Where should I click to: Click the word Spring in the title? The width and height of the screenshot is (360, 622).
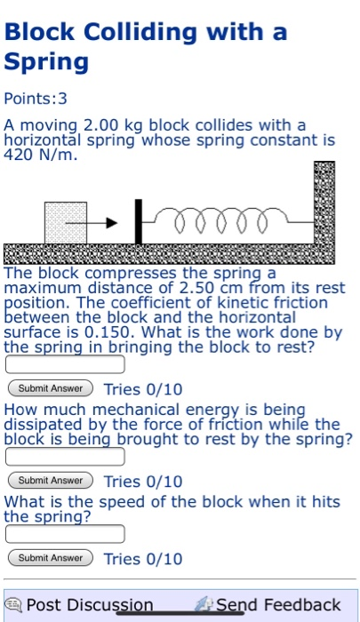tap(47, 62)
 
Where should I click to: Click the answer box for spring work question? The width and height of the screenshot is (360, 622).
tap(65, 364)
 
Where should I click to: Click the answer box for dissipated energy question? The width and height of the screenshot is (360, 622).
tap(65, 457)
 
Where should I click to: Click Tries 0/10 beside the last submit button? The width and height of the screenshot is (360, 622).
tap(143, 559)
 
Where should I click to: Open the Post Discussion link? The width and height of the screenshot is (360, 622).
tap(89, 605)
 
